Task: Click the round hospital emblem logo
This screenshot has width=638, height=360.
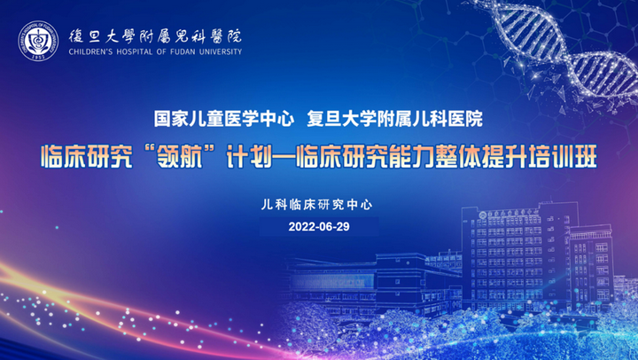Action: coord(38,41)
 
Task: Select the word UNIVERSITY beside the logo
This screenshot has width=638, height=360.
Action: coord(221,51)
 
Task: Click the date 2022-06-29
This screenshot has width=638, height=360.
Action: coord(319,227)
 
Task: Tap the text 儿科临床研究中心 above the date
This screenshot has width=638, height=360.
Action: coord(316,205)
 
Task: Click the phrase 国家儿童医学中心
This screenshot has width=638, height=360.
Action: coord(224,119)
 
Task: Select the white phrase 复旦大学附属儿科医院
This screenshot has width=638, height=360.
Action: coord(394,119)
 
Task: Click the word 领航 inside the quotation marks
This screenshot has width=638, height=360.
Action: coord(179,156)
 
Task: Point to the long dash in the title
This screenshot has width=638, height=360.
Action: coord(284,157)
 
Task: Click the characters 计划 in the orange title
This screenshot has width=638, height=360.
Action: coord(249,156)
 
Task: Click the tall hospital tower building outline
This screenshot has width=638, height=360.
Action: coord(519,256)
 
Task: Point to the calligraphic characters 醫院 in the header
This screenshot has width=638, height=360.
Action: coord(226,36)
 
